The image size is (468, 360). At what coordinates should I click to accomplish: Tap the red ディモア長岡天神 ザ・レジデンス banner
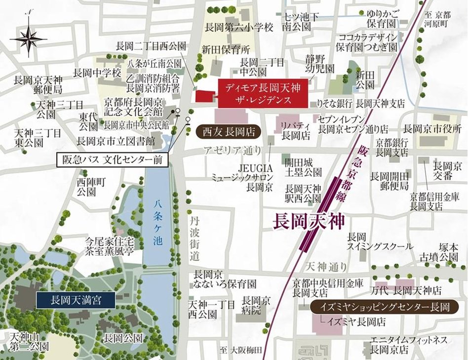click(x=262, y=93)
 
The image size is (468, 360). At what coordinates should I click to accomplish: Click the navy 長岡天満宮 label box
click(x=76, y=299)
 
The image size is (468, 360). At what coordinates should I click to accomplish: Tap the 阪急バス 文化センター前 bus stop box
click(x=111, y=160)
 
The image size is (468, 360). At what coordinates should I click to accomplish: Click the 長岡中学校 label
click(x=97, y=73)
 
